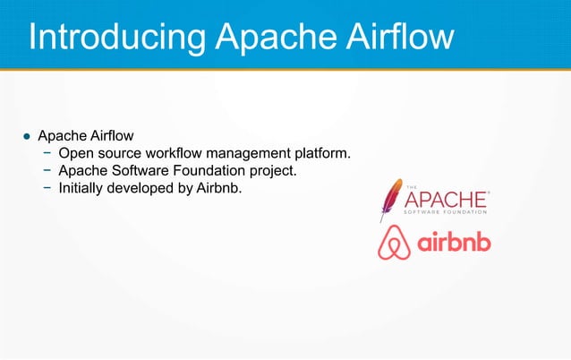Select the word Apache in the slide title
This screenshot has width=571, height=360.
(x=273, y=37)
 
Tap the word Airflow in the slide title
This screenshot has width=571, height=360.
(x=397, y=37)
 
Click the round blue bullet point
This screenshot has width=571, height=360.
(x=27, y=137)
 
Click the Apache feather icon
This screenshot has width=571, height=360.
(x=390, y=200)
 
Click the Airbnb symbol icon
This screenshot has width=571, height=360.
(x=394, y=243)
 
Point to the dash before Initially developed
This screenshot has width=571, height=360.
(x=47, y=187)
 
